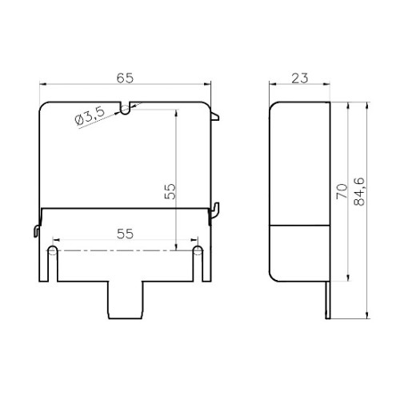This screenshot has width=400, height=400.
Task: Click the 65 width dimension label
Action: click(x=125, y=78)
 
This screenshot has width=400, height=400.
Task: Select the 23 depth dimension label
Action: click(x=300, y=78)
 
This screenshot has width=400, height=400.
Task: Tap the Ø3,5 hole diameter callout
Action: click(x=90, y=117)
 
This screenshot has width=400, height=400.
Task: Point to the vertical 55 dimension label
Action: click(x=170, y=191)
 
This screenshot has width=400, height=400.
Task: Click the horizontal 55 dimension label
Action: click(x=125, y=234)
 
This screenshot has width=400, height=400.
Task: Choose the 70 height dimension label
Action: click(x=342, y=191)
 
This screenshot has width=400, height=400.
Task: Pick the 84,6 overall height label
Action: click(x=359, y=191)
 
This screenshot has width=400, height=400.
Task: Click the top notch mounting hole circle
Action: click(x=125, y=110)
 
